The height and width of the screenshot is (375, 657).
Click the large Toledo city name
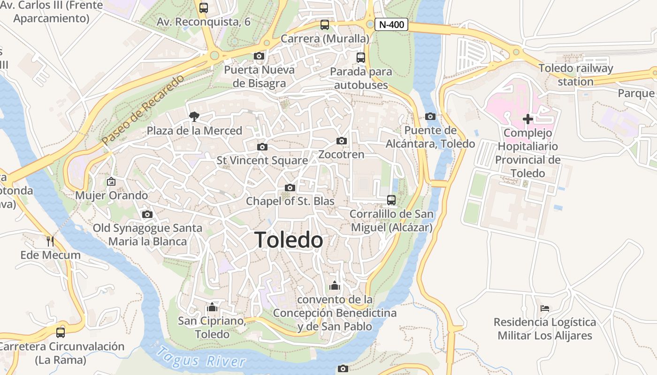point(289,240)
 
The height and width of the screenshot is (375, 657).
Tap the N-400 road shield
point(391,25)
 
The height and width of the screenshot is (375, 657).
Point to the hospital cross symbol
point(527,119)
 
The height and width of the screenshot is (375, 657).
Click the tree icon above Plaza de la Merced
point(194,117)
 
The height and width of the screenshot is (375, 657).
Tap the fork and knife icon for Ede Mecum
point(50,241)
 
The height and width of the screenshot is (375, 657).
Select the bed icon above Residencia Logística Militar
point(544,308)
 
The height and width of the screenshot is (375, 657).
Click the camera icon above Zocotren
point(342,141)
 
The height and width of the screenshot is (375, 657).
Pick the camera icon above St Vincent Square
point(262,147)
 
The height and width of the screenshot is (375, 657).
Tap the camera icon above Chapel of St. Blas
point(290,187)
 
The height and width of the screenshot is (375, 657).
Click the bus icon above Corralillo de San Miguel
point(391,200)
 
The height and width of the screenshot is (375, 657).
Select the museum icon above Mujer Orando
point(111,181)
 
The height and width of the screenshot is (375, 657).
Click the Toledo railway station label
point(576,75)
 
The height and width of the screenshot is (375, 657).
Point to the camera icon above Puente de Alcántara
point(430,116)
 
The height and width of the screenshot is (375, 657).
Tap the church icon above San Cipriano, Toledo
point(212,307)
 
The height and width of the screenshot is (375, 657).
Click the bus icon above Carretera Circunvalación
point(61,333)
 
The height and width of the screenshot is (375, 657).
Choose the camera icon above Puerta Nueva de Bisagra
point(259,56)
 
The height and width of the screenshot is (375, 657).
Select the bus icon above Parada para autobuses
point(360,58)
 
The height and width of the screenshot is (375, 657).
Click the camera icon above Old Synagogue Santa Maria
point(147,214)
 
